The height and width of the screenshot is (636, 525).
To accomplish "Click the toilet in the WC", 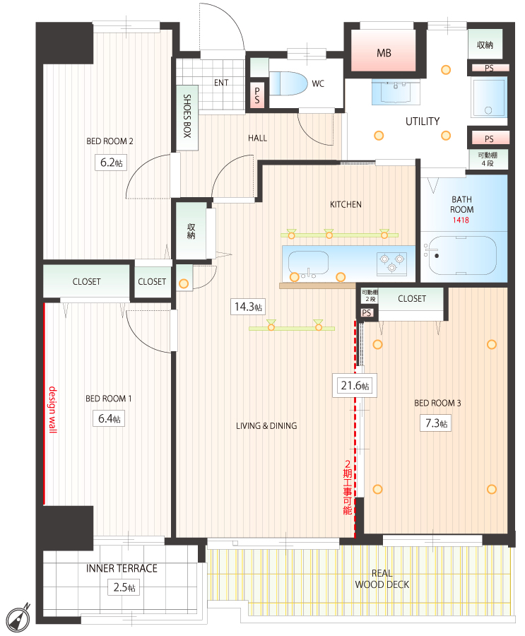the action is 288,83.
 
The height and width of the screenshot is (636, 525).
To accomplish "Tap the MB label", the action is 384,53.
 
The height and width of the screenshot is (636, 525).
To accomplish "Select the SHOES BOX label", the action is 187,116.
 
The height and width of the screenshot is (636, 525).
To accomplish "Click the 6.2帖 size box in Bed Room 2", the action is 111,163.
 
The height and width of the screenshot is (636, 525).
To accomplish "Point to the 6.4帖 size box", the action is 109,418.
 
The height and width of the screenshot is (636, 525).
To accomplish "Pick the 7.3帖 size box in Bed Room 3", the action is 436,423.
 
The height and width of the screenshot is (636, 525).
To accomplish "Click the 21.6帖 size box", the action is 355,385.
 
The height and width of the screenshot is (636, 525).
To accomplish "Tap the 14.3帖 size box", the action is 248,307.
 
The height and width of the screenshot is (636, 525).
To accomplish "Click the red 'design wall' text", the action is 53,410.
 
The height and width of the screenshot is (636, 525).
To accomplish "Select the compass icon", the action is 18,618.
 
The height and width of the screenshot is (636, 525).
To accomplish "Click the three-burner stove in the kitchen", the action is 391,263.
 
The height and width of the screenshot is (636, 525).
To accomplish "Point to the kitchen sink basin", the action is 308,263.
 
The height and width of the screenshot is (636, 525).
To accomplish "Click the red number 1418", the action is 461,220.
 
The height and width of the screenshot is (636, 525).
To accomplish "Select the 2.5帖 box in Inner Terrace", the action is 124,587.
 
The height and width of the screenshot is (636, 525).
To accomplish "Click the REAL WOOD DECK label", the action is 382,579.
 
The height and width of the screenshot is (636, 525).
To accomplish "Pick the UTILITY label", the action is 423,122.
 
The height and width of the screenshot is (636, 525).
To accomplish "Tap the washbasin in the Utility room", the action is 396,93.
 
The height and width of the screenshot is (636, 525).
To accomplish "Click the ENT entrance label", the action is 221,83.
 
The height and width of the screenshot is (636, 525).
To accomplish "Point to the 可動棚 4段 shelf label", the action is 488,159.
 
